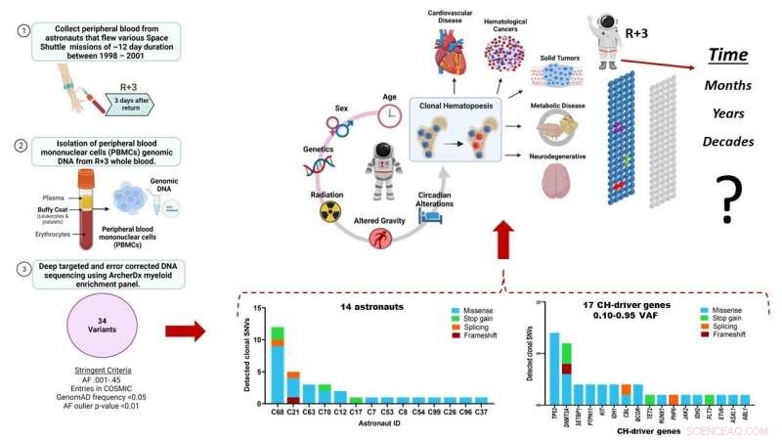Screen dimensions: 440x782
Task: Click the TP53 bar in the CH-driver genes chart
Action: (554, 368)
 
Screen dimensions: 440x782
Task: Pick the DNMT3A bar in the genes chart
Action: (566, 373)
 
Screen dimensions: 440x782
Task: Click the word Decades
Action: (728, 142)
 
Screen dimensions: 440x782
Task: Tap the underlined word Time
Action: (727, 56)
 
